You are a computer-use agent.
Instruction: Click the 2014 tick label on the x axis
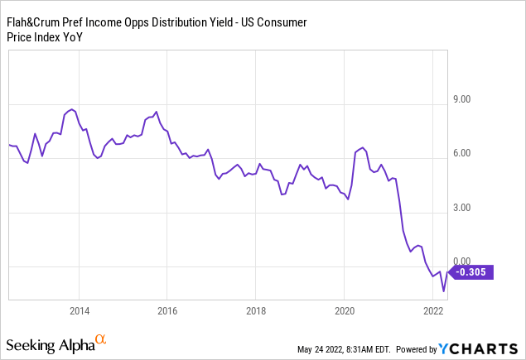pos(80,311)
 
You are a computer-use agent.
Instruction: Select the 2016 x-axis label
pos(167,311)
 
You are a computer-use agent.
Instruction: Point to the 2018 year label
pos(255,311)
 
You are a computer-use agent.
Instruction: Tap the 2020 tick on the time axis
pos(343,311)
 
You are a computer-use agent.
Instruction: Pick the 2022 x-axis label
pos(432,311)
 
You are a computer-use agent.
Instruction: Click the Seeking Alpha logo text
pos(49,343)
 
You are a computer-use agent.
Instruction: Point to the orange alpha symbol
pos(101,339)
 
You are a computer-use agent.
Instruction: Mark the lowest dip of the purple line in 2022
pos(444,291)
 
